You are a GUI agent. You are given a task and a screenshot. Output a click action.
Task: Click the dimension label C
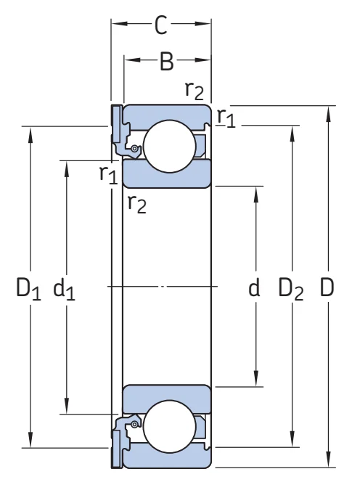[161, 25]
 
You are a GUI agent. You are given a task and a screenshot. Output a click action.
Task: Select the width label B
[167, 61]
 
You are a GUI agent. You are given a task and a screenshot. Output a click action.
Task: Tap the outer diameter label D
[327, 287]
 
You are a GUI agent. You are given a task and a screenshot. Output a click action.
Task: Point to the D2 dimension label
[290, 289]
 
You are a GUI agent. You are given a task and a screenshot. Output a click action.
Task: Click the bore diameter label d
[254, 287]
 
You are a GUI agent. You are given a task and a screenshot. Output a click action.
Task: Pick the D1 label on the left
[28, 289]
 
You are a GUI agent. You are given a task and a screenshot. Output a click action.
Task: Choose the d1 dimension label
[64, 289]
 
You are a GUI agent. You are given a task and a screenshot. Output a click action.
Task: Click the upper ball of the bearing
[170, 146]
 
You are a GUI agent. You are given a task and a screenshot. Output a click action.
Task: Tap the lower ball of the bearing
[170, 426]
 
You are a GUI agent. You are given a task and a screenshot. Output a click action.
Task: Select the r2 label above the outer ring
[194, 91]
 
